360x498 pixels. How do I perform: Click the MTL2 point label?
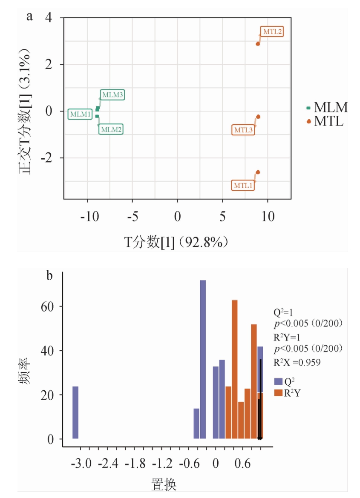(271, 31)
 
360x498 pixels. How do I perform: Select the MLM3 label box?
(112, 95)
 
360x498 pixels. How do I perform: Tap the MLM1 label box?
(80, 114)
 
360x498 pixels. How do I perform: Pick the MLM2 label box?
(111, 129)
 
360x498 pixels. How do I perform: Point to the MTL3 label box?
(244, 129)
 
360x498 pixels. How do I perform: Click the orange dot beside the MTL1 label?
(258, 172)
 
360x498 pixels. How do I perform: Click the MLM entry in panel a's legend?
(327, 108)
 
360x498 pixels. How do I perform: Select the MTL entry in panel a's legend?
(325, 122)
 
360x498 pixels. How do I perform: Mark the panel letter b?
(49, 276)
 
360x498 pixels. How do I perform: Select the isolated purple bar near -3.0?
(75, 412)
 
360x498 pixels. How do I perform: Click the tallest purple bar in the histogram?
(203, 359)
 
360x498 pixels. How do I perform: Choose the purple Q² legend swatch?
(279, 382)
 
